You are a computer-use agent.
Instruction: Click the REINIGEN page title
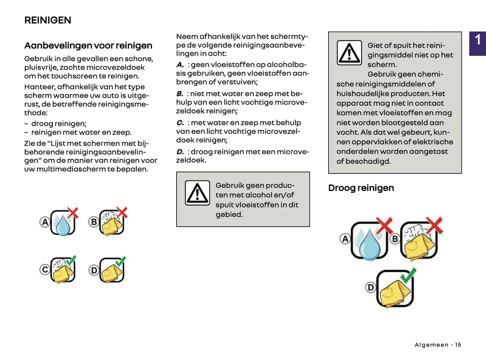pyautogui.click(x=48, y=20)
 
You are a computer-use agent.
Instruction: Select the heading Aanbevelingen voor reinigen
pyautogui.click(x=88, y=45)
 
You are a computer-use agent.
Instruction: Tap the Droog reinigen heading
pyautogui.click(x=361, y=188)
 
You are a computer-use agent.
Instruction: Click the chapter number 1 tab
pyautogui.click(x=478, y=40)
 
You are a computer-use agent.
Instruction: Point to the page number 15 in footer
pyautogui.click(x=458, y=345)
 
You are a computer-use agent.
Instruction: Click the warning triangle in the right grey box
pyautogui.click(x=349, y=53)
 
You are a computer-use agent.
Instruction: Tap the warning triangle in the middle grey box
pyautogui.click(x=197, y=193)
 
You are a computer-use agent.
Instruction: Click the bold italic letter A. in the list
pyautogui.click(x=180, y=65)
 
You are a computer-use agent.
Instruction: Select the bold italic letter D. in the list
pyautogui.click(x=180, y=152)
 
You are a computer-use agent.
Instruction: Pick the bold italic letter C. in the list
pyautogui.click(x=180, y=123)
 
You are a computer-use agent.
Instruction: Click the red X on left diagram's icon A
pyautogui.click(x=73, y=213)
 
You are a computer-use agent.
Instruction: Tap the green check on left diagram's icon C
pyautogui.click(x=71, y=260)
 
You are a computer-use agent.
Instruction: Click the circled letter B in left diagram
pyautogui.click(x=94, y=222)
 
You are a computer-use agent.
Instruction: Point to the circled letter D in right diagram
pyautogui.click(x=370, y=287)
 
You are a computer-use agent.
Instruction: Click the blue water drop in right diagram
pyautogui.click(x=369, y=245)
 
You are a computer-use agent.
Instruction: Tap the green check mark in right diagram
pyautogui.click(x=408, y=275)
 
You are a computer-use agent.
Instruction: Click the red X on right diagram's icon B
pyautogui.click(x=434, y=225)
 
